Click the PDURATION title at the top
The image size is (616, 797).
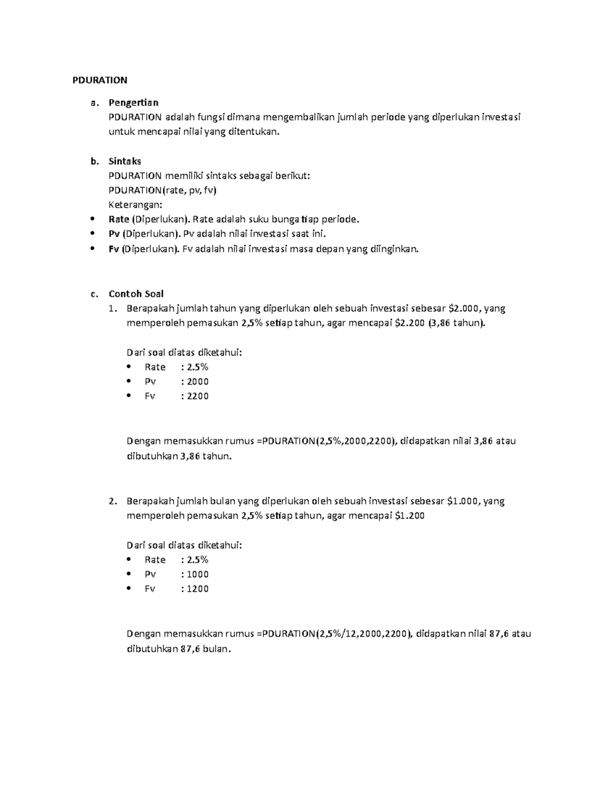point(99,80)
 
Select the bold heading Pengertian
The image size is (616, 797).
point(133,103)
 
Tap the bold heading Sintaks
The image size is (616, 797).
point(125,161)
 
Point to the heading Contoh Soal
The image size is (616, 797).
point(136,294)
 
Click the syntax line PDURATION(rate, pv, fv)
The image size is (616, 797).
point(163,190)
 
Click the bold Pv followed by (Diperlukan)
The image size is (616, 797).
point(114,235)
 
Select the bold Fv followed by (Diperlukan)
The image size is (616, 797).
point(114,249)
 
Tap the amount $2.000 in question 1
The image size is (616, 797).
point(464,308)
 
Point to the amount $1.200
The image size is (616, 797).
point(410,516)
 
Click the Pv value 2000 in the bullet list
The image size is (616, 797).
point(198,381)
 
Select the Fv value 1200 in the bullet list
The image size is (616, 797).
point(198,589)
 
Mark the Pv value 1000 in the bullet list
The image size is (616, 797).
point(198,574)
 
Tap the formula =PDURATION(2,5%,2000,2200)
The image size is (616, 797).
point(326,441)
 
